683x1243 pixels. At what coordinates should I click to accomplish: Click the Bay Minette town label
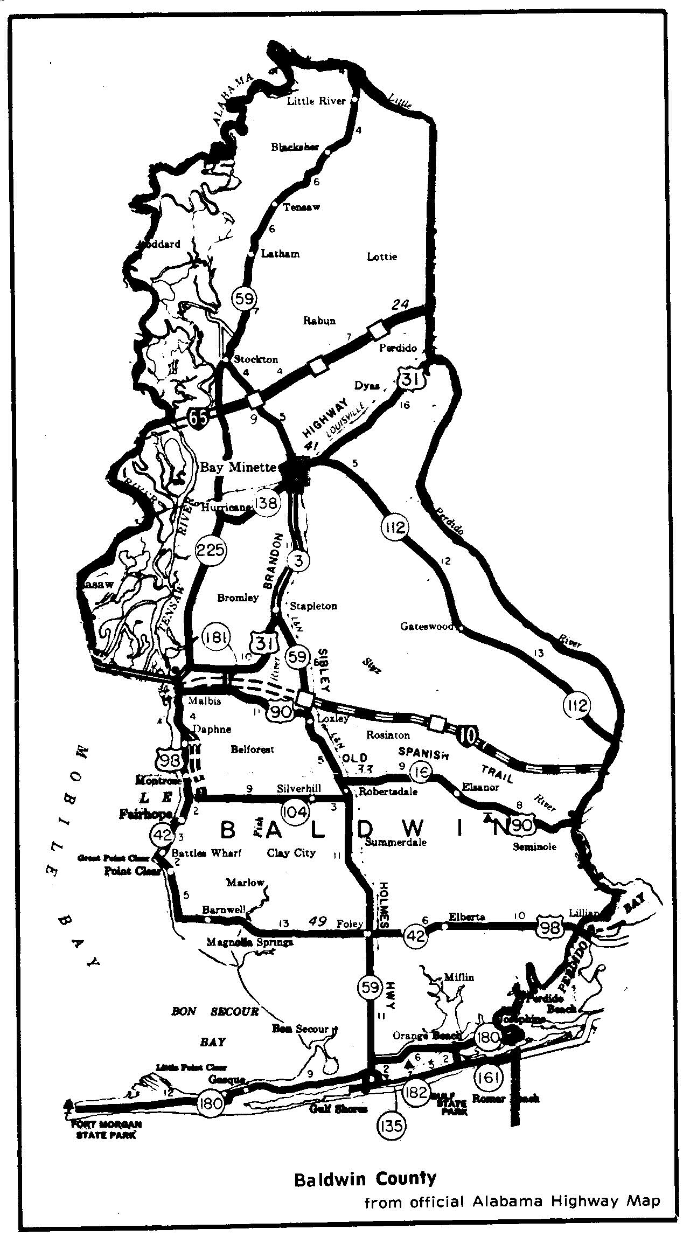[239, 467]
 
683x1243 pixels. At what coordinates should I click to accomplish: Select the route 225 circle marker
[211, 550]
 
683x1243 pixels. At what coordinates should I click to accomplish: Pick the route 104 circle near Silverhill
[295, 810]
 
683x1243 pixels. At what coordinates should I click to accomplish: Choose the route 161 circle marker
[489, 1078]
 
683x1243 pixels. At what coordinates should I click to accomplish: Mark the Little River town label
[316, 101]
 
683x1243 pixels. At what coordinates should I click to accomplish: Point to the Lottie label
[382, 256]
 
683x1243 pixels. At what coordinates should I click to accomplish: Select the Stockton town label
[257, 359]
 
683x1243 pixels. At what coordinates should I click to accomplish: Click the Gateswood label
[427, 626]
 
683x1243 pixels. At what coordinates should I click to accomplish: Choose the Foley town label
[349, 923]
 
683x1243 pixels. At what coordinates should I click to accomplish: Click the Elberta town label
[466, 917]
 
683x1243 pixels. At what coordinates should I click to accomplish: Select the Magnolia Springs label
[250, 942]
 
